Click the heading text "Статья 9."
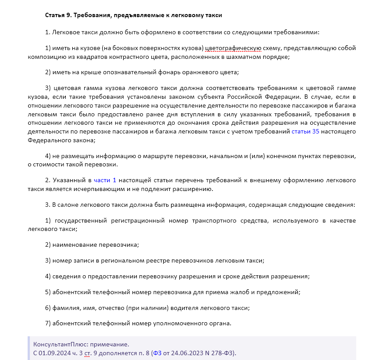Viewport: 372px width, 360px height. (x=59, y=15)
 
